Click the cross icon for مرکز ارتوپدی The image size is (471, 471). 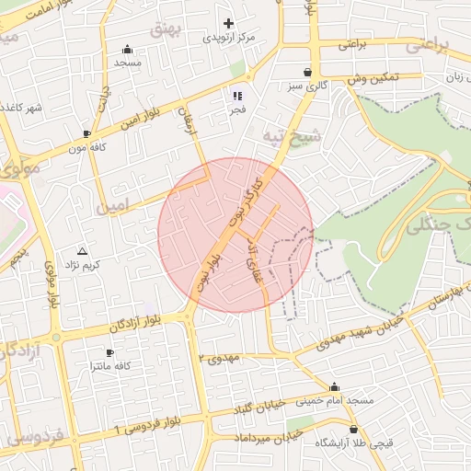pyautogui.click(x=229, y=23)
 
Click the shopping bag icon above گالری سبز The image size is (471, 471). pyautogui.click(x=306, y=72)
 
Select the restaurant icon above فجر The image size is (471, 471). pyautogui.click(x=237, y=95)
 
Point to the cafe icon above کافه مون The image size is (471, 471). pyautogui.click(x=86, y=133)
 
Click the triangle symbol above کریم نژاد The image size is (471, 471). pyautogui.click(x=83, y=251)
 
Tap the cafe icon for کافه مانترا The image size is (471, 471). pyautogui.click(x=110, y=352)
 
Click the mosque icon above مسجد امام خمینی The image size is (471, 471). pyautogui.click(x=334, y=387)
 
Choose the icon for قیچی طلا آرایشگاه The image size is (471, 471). pyautogui.click(x=355, y=430)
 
